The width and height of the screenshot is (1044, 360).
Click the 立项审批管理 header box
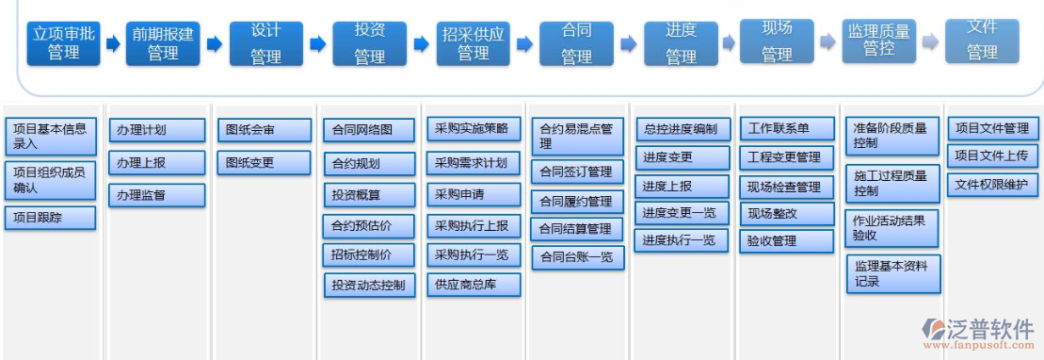tap(63, 43)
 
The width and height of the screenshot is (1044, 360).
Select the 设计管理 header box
tap(265, 43)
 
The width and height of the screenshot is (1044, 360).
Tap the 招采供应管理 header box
tap(474, 43)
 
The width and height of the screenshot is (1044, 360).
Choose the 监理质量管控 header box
tap(878, 41)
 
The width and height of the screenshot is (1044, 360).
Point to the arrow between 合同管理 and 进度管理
tap(629, 43)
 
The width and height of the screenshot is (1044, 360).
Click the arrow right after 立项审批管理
tap(113, 43)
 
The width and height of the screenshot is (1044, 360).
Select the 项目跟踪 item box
tap(51, 218)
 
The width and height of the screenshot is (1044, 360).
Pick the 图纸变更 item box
tap(264, 162)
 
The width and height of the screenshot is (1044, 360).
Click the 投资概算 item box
tap(369, 194)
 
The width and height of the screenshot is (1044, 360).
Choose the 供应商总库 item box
tap(473, 283)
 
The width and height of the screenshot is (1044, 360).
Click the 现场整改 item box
tap(786, 213)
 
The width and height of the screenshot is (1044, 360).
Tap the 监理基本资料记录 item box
tap(892, 273)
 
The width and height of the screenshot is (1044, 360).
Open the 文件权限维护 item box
tap(992, 184)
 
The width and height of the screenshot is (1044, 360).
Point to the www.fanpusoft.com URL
tap(980, 350)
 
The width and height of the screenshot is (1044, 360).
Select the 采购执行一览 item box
tap(473, 254)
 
